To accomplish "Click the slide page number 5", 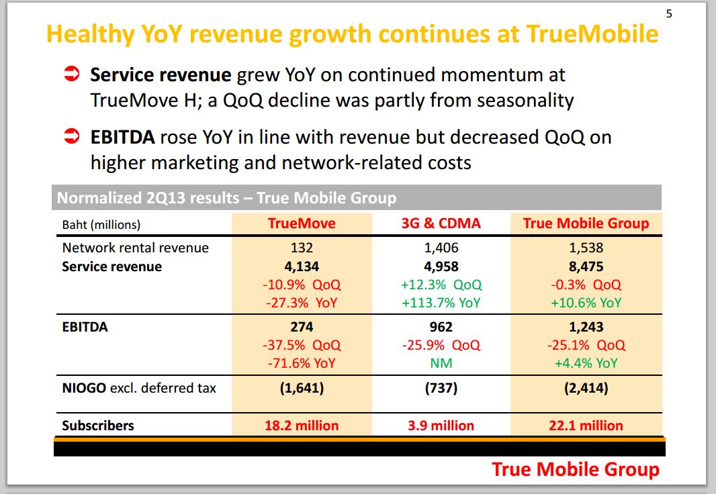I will pyautogui.click(x=668, y=13).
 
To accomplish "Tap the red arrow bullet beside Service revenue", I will pyautogui.click(x=72, y=73).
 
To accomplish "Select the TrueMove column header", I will pyautogui.click(x=301, y=224).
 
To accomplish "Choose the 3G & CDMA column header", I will pyautogui.click(x=441, y=224).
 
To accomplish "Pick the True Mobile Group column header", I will pyautogui.click(x=586, y=224).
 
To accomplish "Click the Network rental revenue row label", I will pyautogui.click(x=135, y=248).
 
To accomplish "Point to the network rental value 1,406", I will pyautogui.click(x=441, y=248).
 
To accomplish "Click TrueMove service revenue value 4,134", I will pyautogui.click(x=301, y=266).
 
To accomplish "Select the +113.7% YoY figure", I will pyautogui.click(x=441, y=303).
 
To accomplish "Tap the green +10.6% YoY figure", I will pyautogui.click(x=586, y=303).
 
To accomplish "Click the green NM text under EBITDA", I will pyautogui.click(x=441, y=363).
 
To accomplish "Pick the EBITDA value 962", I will pyautogui.click(x=441, y=328).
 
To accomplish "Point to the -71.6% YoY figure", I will pyautogui.click(x=301, y=363).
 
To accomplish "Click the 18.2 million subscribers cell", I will pyautogui.click(x=301, y=426).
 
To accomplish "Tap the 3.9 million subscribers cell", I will pyautogui.click(x=441, y=426).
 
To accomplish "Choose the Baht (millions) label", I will pyautogui.click(x=101, y=224).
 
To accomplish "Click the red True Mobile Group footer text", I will pyautogui.click(x=575, y=469).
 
